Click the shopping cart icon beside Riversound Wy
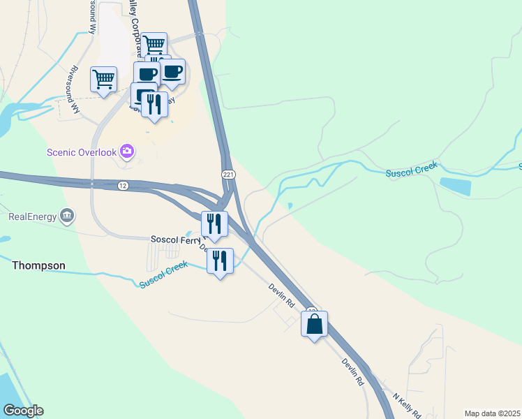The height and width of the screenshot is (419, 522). (103, 79)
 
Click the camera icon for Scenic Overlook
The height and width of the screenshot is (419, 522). (127, 151)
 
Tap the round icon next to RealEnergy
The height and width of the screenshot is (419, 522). (67, 215)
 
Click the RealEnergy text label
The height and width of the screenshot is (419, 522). (31, 216)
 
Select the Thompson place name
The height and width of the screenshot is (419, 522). (38, 265)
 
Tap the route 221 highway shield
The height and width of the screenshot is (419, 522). (228, 173)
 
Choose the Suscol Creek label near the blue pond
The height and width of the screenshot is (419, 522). (412, 168)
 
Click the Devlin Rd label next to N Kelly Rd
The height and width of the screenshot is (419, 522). (353, 373)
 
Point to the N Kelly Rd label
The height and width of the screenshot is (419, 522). (406, 404)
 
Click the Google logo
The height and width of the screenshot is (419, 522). (23, 411)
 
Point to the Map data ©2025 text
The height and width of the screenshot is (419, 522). (492, 413)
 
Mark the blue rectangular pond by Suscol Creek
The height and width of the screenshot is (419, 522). (455, 186)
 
